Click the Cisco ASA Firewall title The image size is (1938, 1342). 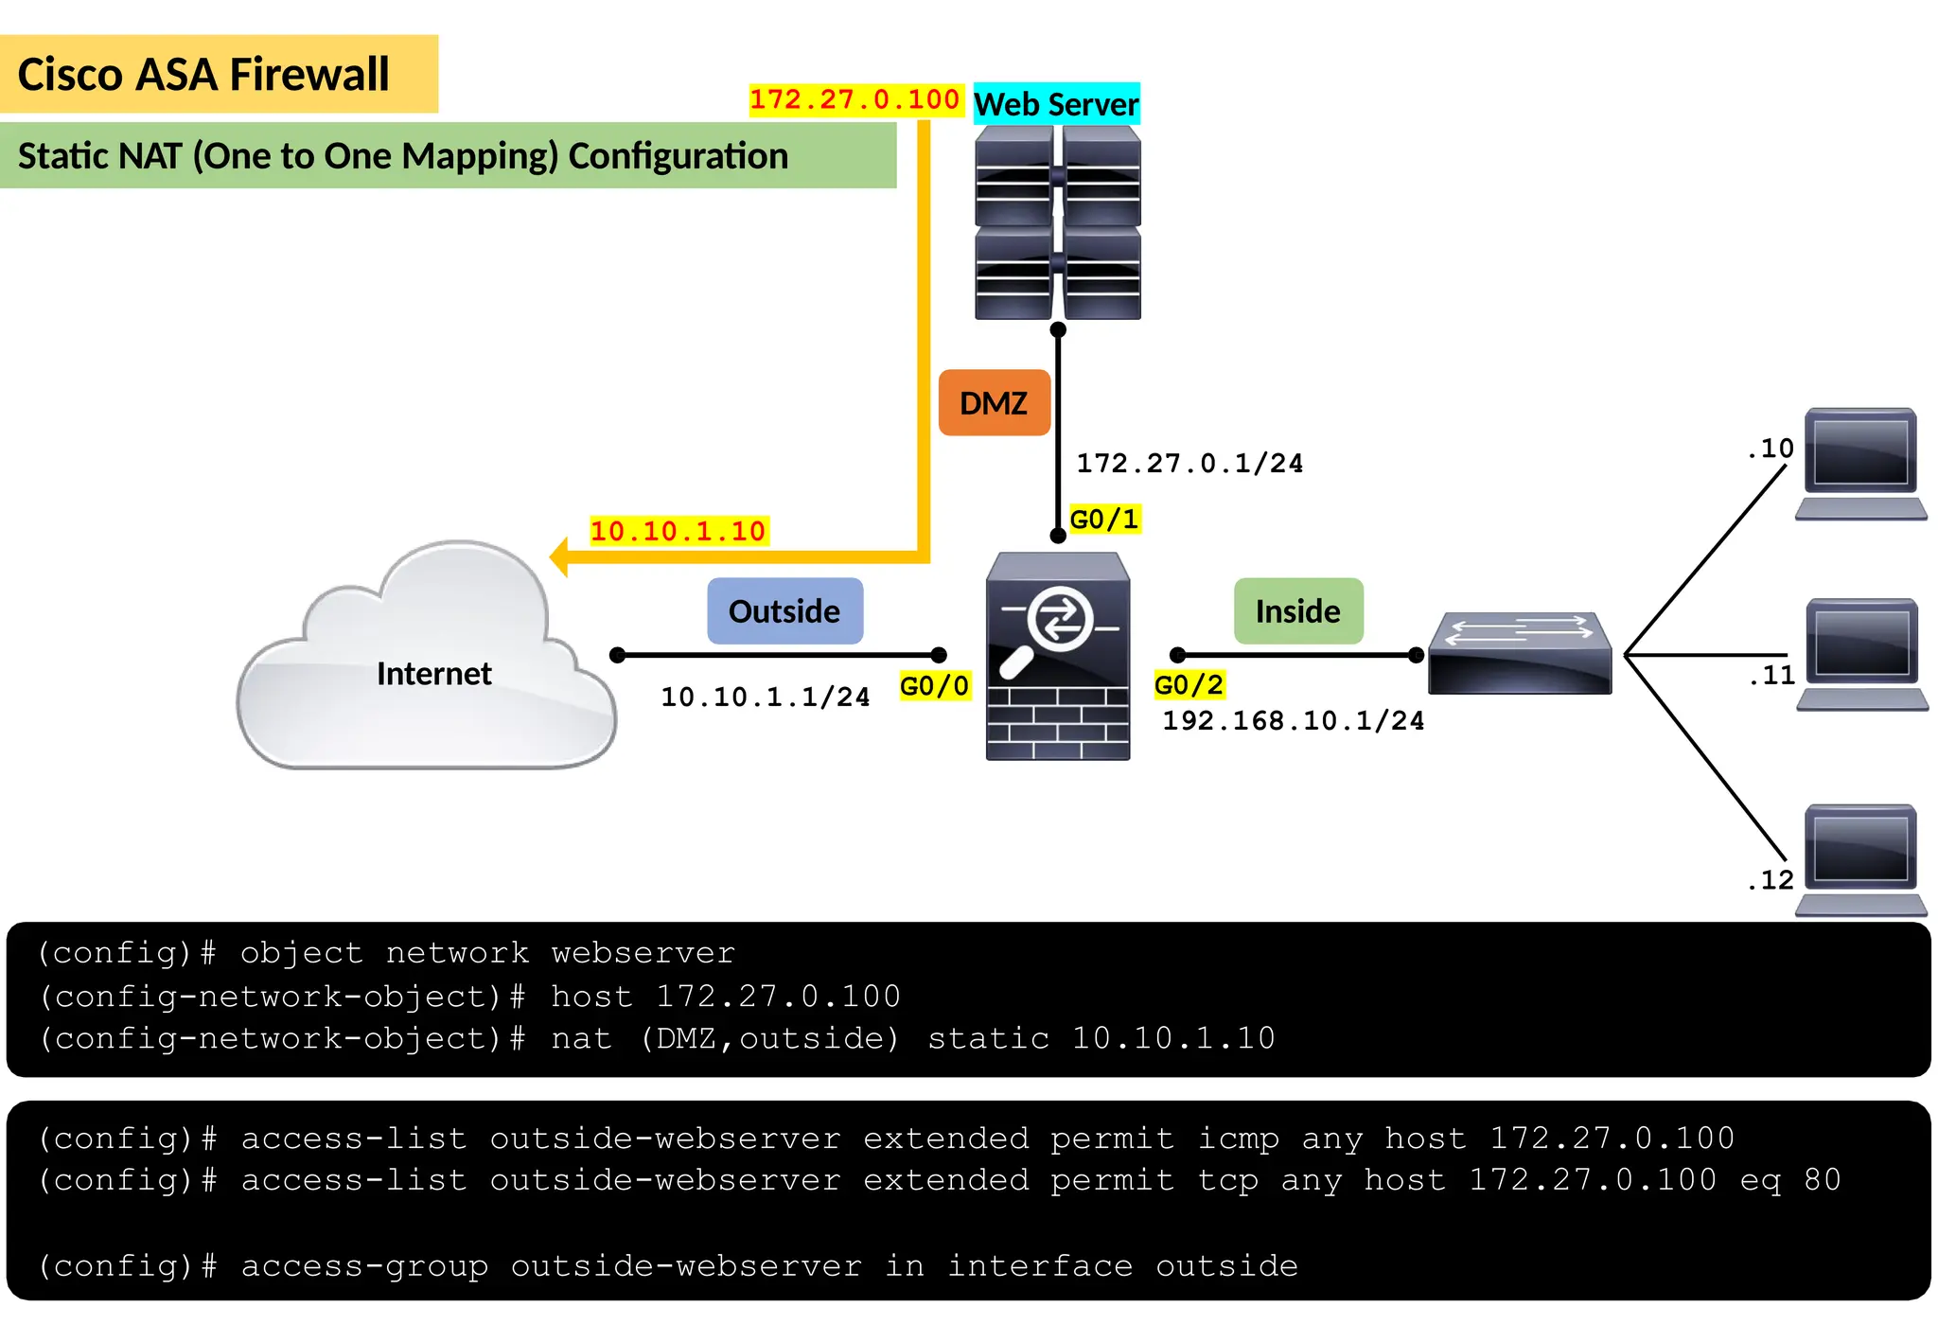point(203,75)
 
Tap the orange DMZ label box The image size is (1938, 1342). point(994,403)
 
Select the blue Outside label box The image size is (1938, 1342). point(784,611)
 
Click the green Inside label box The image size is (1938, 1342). point(1297,611)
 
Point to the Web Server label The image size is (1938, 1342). point(1056,104)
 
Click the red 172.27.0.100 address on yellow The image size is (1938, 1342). point(854,99)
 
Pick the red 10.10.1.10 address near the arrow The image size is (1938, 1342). point(678,531)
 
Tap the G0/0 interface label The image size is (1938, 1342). point(934,686)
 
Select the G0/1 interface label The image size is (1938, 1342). point(1103,519)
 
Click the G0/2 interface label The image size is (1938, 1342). point(1189,684)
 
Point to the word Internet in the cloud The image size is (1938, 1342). point(433,674)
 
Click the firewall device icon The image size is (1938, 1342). point(1057,657)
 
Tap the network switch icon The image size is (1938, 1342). point(1520,653)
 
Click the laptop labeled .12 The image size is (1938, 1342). point(1860,859)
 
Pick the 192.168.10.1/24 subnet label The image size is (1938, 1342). point(1293,721)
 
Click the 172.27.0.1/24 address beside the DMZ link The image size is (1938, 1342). point(1189,464)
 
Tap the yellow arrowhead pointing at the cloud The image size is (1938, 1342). point(559,557)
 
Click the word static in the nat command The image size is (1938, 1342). point(988,1039)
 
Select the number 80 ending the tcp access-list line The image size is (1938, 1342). point(1822,1180)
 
